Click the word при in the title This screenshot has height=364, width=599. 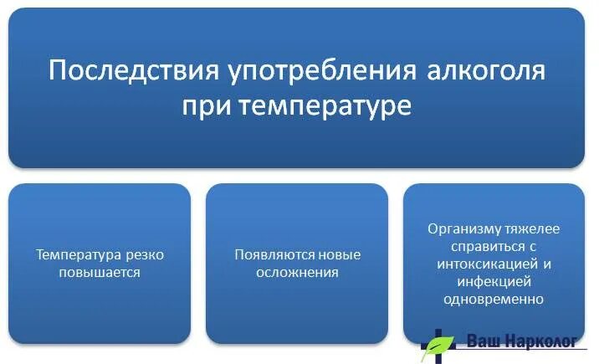click(204, 107)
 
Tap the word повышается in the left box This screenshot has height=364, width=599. click(100, 272)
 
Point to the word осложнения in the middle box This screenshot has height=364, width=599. click(298, 272)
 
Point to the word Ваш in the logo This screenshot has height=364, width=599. click(480, 342)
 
